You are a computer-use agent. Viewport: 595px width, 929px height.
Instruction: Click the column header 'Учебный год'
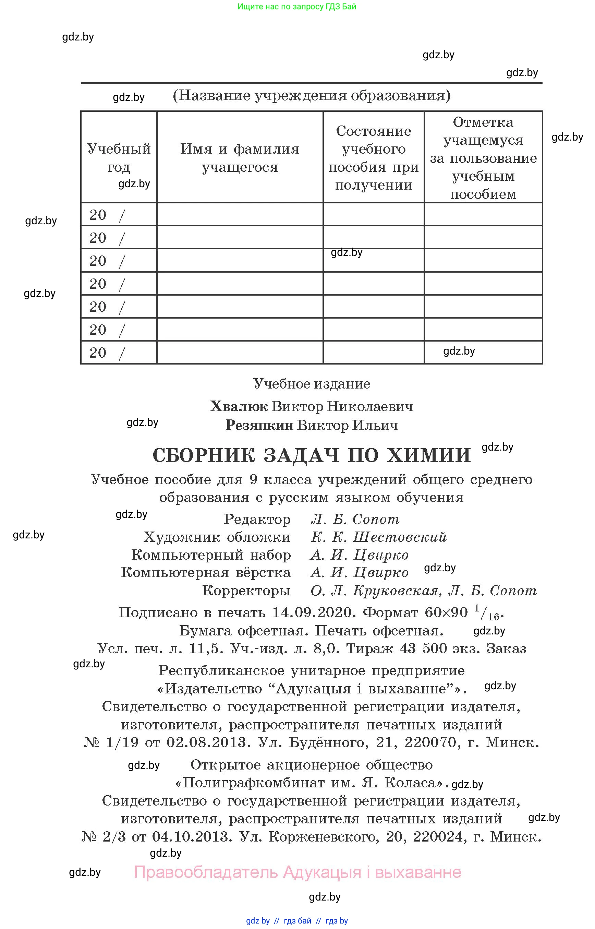point(119,157)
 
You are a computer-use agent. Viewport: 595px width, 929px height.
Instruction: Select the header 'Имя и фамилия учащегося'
point(240,158)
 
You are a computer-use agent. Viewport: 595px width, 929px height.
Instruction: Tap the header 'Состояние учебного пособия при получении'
point(373,158)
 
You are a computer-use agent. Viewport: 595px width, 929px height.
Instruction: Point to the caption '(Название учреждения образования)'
point(312,95)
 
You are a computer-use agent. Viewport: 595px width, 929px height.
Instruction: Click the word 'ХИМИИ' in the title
point(429,455)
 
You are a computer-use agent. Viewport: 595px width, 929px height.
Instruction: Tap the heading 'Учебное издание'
point(312,384)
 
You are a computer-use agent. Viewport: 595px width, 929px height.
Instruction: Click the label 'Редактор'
point(257,519)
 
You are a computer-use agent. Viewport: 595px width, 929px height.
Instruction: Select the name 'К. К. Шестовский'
point(379,537)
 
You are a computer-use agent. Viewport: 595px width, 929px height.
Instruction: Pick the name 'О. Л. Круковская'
point(374,590)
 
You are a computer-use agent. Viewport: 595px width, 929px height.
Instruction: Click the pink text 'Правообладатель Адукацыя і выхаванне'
point(297,872)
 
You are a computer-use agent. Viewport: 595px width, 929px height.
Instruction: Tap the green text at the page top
point(296,7)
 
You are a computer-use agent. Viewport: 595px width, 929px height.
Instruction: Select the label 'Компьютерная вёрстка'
point(206,573)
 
